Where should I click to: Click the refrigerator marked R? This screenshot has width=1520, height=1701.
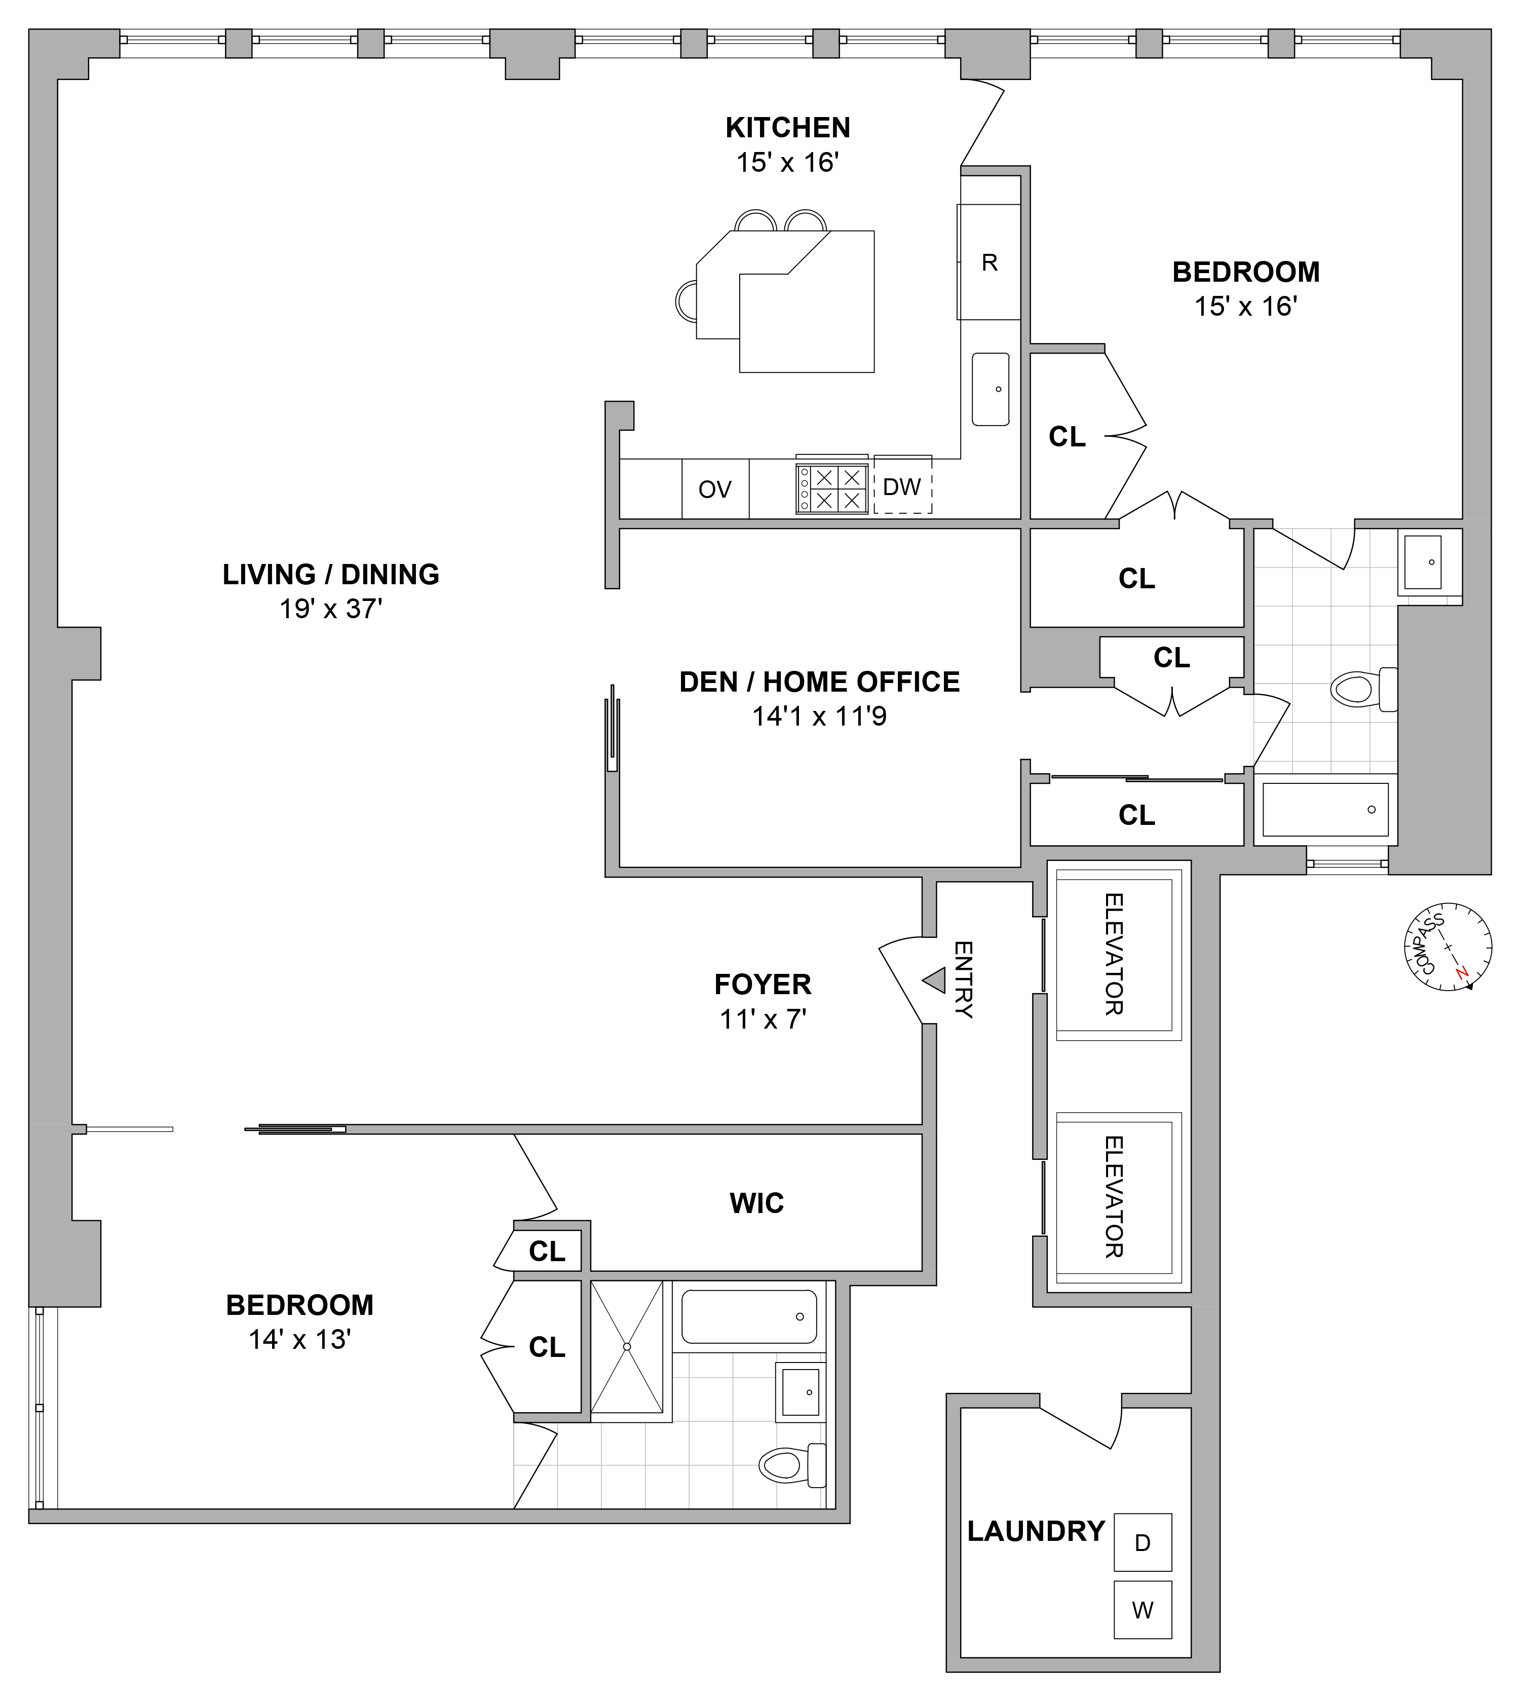click(989, 262)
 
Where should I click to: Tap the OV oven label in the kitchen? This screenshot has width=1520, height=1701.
click(715, 489)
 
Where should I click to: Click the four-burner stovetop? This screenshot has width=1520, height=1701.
click(832, 488)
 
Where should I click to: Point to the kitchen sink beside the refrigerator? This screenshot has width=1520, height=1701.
click(991, 389)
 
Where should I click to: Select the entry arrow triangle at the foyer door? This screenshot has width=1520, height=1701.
click(935, 980)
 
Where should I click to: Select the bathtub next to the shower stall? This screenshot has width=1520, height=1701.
click(749, 1317)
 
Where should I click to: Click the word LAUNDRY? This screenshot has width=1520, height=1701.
click(1036, 1531)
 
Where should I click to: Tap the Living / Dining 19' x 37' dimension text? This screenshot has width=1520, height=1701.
click(331, 609)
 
